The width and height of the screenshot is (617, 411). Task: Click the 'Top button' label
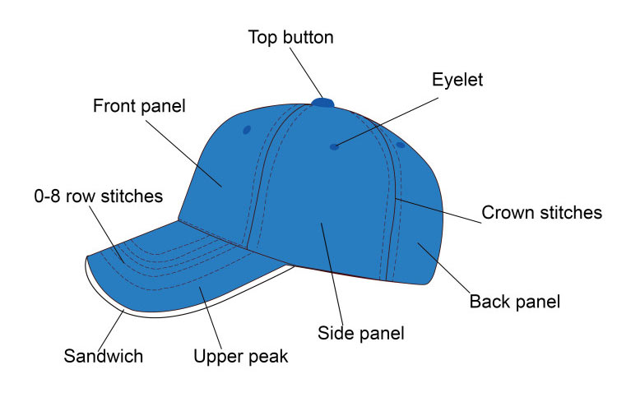[291, 37]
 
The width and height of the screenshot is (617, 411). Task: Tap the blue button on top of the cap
[323, 103]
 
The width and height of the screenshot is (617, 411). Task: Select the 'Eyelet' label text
[457, 80]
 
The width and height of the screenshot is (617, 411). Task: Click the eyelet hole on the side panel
[334, 147]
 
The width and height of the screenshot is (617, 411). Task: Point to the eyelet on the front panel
[246, 130]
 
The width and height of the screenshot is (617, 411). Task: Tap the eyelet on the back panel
[401, 145]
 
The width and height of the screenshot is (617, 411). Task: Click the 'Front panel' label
[139, 106]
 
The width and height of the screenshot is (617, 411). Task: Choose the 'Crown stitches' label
[541, 213]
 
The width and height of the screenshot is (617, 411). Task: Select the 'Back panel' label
[514, 302]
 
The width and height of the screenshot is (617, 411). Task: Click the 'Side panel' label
[360, 333]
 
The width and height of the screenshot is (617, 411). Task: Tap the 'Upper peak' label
[240, 357]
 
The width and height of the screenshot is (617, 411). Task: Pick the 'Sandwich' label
[104, 357]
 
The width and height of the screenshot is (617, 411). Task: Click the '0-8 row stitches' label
[98, 196]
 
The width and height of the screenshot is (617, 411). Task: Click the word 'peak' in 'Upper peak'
[269, 357]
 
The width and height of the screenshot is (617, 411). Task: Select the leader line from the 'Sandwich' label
[114, 329]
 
